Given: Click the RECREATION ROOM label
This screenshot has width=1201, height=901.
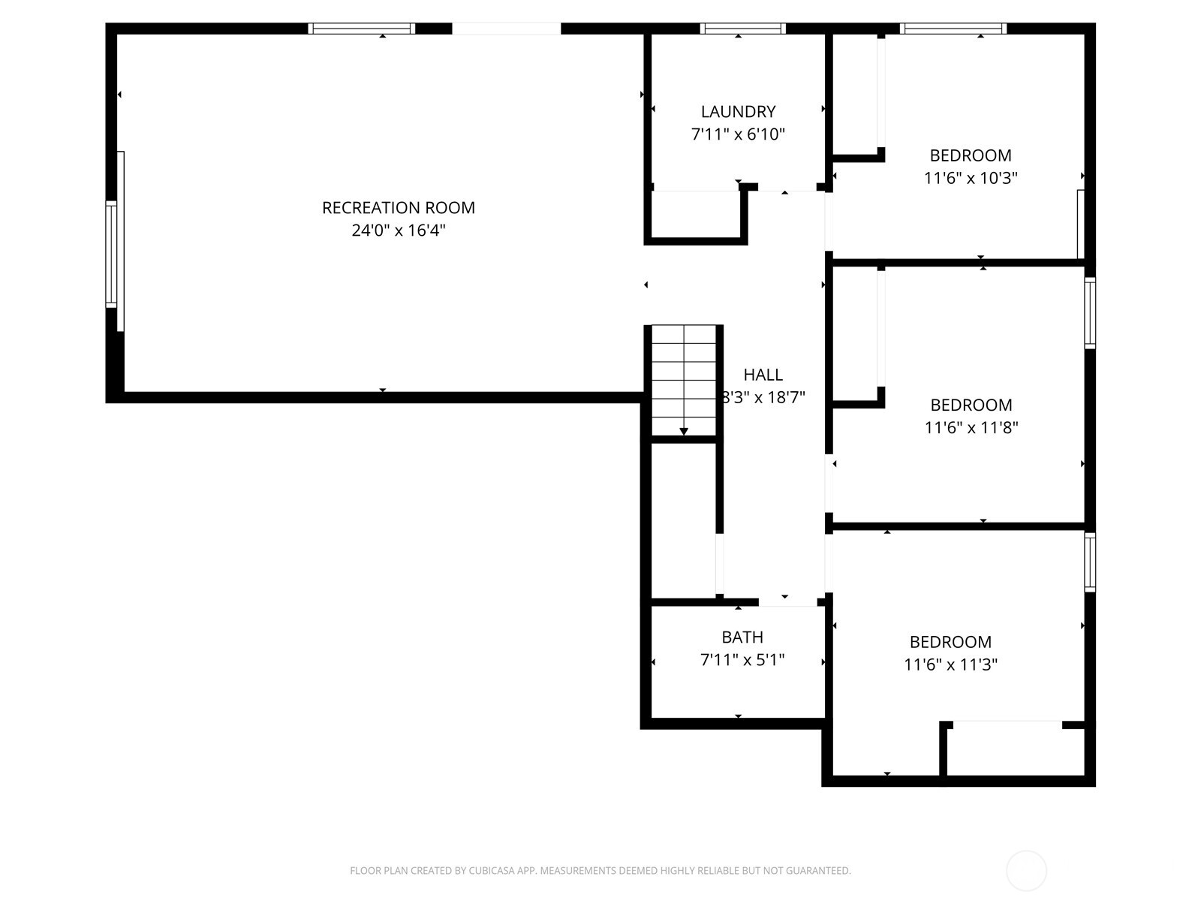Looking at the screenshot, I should tap(398, 208).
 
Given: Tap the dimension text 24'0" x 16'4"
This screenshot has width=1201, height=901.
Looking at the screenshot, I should tap(398, 231).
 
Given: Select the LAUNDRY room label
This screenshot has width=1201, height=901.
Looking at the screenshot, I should tap(738, 112).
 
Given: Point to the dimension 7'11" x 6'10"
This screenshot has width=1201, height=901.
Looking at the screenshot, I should tap(738, 134).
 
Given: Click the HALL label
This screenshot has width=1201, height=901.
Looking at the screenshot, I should tap(763, 375).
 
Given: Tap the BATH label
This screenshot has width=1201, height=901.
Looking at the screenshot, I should tap(742, 637).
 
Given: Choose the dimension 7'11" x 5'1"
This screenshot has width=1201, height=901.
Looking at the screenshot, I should tap(742, 660).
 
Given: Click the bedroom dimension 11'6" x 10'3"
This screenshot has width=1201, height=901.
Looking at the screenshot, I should tap(971, 178).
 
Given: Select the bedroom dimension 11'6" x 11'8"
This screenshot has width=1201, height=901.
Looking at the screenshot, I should tap(971, 427).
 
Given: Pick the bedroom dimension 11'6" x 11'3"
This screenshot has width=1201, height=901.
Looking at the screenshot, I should tap(950, 664).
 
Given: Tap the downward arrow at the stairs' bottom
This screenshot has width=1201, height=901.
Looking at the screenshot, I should tap(683, 431).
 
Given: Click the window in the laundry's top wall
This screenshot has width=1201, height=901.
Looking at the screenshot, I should tap(742, 29).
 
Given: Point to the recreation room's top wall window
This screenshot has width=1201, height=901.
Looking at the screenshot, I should tap(361, 29).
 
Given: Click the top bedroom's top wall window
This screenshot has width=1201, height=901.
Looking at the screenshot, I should tap(953, 29).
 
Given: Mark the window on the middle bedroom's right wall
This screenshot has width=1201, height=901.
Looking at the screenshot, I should tap(1090, 312).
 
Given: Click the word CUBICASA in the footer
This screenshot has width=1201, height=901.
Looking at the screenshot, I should tap(492, 871).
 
